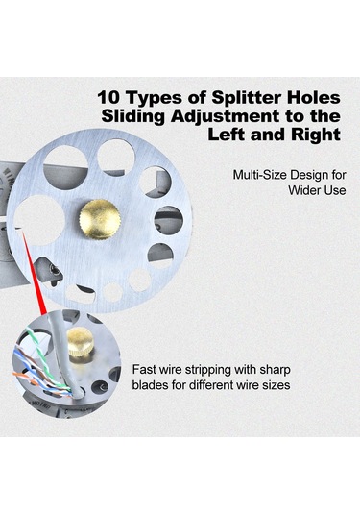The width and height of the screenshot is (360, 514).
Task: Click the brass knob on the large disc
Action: (100, 219)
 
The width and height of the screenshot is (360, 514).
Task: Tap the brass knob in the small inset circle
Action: (80, 345)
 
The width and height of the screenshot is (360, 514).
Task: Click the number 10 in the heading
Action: (108, 98)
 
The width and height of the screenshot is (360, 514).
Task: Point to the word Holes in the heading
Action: (313, 98)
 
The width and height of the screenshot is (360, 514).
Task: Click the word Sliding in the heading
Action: (133, 116)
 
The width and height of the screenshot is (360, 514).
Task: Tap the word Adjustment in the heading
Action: (226, 116)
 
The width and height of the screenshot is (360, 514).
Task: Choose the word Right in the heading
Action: (315, 135)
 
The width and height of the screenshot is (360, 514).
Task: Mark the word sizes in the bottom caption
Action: (276, 385)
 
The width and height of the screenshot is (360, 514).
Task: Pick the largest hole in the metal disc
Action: (39, 220)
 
